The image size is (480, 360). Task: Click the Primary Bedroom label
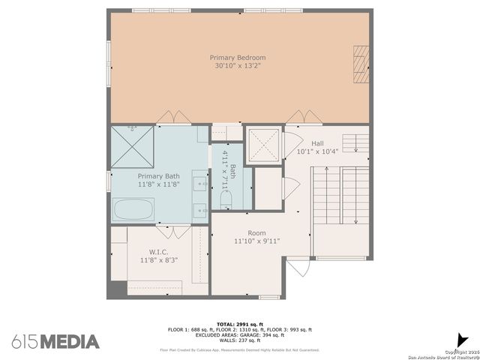[239, 57]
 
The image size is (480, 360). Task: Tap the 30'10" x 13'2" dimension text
[239, 65]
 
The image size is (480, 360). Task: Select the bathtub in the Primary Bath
[134, 209]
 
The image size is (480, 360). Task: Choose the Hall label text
[317, 142]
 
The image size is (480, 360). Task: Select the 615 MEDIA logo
[55, 341]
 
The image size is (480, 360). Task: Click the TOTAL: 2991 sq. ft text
[239, 324]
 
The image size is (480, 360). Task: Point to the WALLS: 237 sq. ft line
[239, 340]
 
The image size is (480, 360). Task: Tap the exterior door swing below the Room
[297, 267]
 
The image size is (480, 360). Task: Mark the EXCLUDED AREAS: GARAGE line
[239, 334]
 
